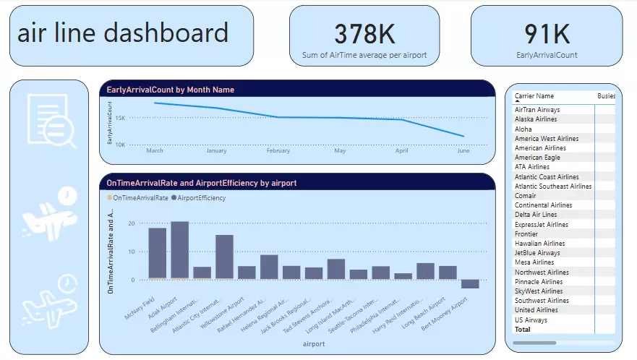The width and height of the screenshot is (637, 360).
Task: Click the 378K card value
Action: click(365, 34)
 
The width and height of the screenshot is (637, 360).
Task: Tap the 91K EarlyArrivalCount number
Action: click(547, 34)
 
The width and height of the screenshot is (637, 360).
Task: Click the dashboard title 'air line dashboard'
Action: click(122, 33)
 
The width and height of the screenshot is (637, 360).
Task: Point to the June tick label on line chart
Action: click(464, 151)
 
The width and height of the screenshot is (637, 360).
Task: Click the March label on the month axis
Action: click(155, 151)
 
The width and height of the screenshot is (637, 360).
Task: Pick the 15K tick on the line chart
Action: click(121, 117)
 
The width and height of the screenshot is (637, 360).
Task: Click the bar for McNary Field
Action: click(158, 254)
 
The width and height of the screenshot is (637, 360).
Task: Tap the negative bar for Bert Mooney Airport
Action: click(470, 284)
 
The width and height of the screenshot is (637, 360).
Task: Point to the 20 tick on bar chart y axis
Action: click(131, 223)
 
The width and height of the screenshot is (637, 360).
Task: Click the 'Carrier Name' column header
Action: click(534, 96)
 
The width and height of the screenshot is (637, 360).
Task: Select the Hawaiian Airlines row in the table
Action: click(539, 244)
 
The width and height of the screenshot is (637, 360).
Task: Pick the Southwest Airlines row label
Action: click(542, 301)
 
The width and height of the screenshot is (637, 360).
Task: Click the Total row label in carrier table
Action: click(522, 330)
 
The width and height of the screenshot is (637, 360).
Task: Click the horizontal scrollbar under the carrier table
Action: click(535, 343)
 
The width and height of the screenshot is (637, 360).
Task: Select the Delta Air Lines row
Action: click(536, 215)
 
